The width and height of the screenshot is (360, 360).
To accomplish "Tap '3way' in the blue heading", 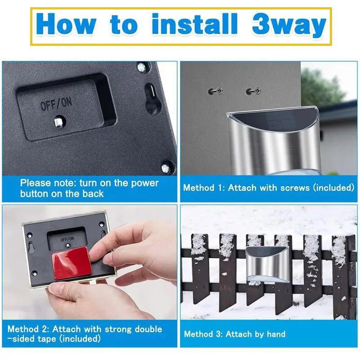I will tap(289, 25).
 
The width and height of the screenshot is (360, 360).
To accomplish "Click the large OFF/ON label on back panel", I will tap(56, 104).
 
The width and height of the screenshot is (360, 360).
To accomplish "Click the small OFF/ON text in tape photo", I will tap(67, 239).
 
